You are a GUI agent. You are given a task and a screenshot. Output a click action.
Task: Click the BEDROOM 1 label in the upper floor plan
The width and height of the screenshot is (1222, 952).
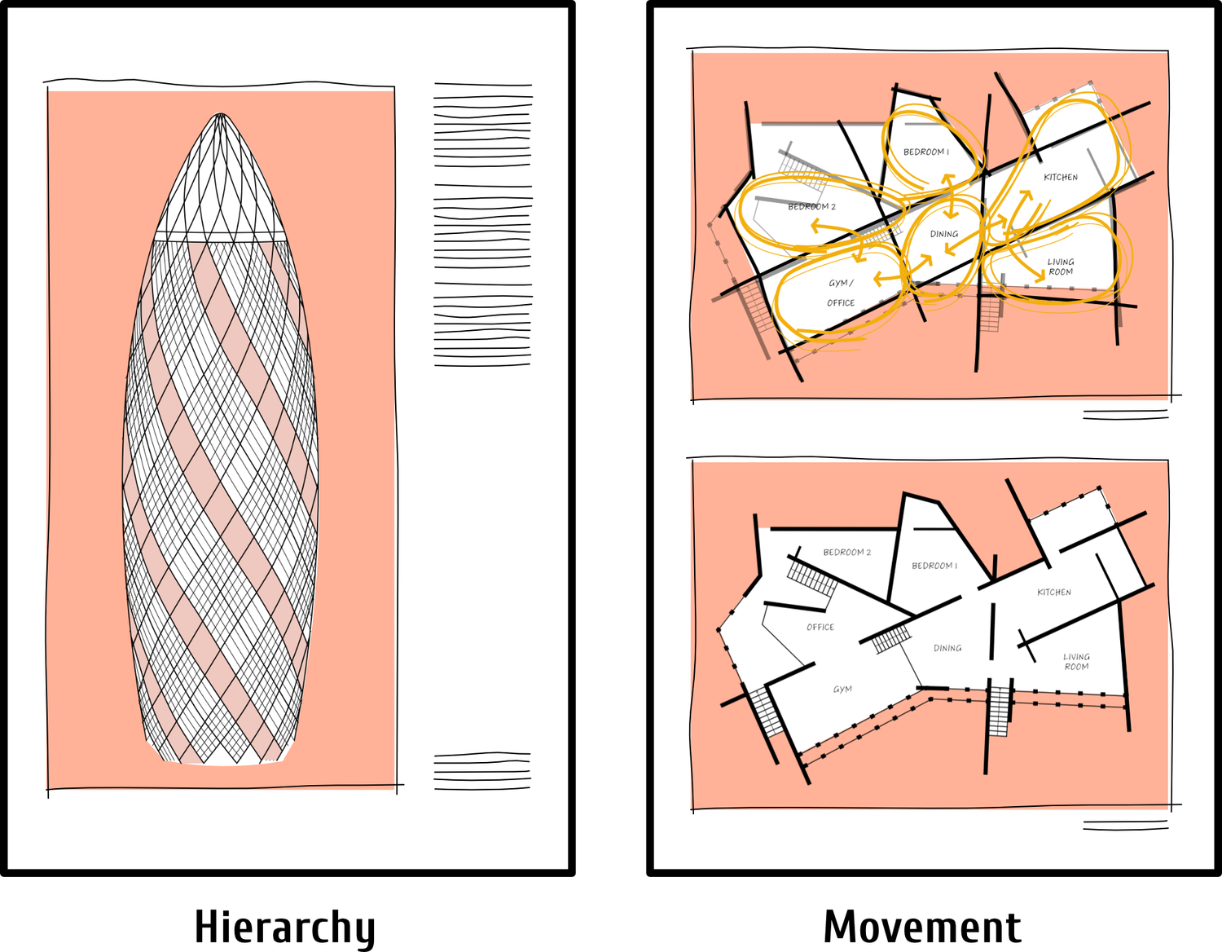tap(926, 152)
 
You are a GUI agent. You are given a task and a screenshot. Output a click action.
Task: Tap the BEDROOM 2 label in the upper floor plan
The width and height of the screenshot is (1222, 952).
tap(811, 207)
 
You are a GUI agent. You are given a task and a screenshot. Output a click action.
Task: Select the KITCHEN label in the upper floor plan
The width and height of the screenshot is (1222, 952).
tap(1061, 178)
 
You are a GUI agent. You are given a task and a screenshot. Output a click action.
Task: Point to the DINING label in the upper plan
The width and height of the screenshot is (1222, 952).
tap(944, 235)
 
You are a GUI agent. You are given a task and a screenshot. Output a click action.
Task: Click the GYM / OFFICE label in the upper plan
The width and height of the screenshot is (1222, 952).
tap(841, 293)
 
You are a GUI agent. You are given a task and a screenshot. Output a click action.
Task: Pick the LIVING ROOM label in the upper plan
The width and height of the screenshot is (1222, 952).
tap(1061, 267)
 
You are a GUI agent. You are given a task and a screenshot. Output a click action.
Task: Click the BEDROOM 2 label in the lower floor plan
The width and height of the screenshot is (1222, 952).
tap(846, 553)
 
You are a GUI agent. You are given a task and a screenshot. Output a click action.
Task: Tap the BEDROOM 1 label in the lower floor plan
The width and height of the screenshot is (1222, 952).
tap(934, 566)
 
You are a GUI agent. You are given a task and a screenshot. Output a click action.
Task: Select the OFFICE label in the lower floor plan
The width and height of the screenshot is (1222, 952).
tap(820, 628)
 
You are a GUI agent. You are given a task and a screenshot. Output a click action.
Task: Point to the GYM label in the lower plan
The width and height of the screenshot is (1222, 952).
tap(842, 690)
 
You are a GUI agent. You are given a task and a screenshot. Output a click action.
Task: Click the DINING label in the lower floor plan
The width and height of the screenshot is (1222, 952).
tap(947, 649)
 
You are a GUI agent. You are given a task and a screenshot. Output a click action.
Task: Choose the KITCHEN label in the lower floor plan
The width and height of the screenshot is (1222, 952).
tap(1054, 593)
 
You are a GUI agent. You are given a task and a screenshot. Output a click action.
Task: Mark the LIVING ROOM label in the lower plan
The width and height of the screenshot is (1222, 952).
tap(1076, 662)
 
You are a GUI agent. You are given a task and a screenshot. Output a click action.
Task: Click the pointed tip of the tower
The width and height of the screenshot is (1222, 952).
tap(221, 115)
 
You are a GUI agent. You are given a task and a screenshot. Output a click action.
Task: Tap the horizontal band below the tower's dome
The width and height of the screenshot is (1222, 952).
tap(220, 237)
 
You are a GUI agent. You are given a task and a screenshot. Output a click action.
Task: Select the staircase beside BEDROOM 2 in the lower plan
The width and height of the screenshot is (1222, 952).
tap(812, 578)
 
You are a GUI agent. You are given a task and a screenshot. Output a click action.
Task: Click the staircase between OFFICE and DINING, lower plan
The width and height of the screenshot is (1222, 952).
tap(891, 639)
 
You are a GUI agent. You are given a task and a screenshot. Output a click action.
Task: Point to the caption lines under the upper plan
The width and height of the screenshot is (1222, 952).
tap(1125, 415)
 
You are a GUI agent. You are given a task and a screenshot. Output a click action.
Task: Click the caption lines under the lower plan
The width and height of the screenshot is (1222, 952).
tap(1125, 826)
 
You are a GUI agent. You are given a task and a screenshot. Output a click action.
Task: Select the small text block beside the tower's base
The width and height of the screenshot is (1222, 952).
tap(482, 771)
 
